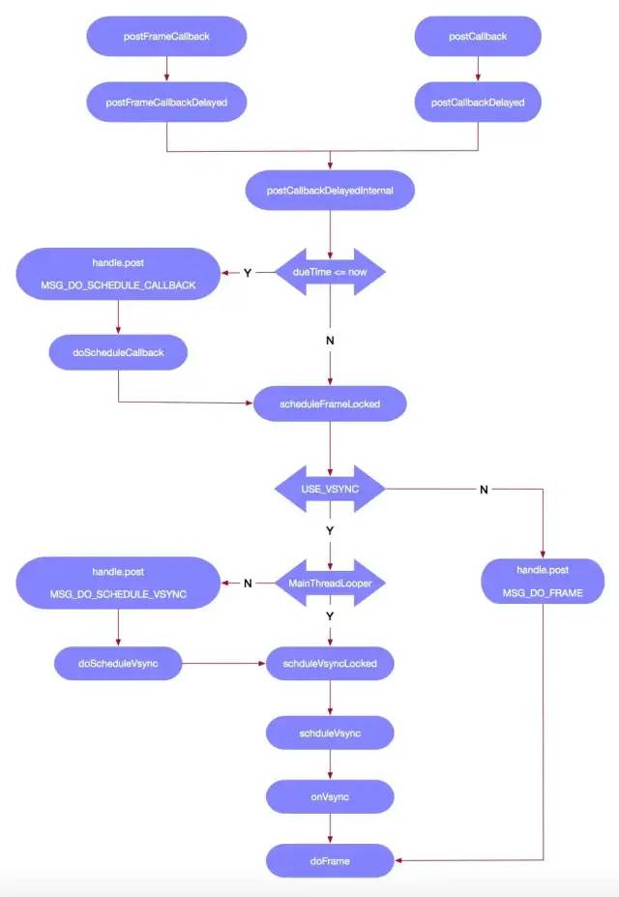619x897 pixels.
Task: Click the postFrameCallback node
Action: [166, 37]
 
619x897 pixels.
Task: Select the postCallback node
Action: [478, 37]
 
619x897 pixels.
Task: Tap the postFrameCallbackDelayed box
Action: [166, 103]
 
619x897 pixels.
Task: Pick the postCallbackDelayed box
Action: [478, 103]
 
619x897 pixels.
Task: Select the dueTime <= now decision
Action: [331, 273]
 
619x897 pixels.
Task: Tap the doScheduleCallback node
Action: [118, 352]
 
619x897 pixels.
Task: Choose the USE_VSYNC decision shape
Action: [331, 490]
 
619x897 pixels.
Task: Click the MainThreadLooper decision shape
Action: [331, 583]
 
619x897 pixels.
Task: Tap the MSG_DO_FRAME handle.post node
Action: [543, 583]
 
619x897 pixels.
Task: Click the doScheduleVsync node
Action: [118, 664]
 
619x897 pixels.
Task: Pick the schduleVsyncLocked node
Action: [331, 664]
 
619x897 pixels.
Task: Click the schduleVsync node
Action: [331, 733]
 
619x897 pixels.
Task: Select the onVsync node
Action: [331, 795]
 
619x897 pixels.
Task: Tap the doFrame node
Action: [331, 859]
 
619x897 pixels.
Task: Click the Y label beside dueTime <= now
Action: [247, 273]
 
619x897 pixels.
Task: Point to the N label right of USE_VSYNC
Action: [484, 490]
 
